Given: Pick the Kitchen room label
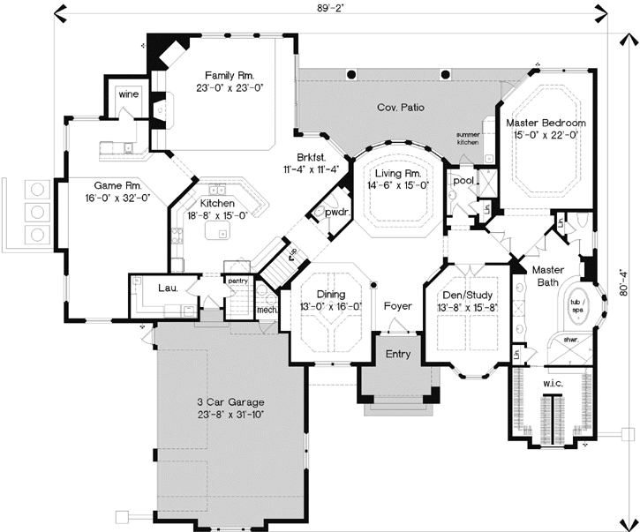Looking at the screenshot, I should tap(216, 189).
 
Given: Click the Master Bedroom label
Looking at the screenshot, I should tap(544, 123).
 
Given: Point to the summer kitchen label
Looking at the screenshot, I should tap(468, 139).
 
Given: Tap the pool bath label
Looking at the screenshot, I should tap(463, 181).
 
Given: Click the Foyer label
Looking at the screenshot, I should tap(397, 306).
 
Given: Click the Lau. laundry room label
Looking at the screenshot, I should tap(168, 288).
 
